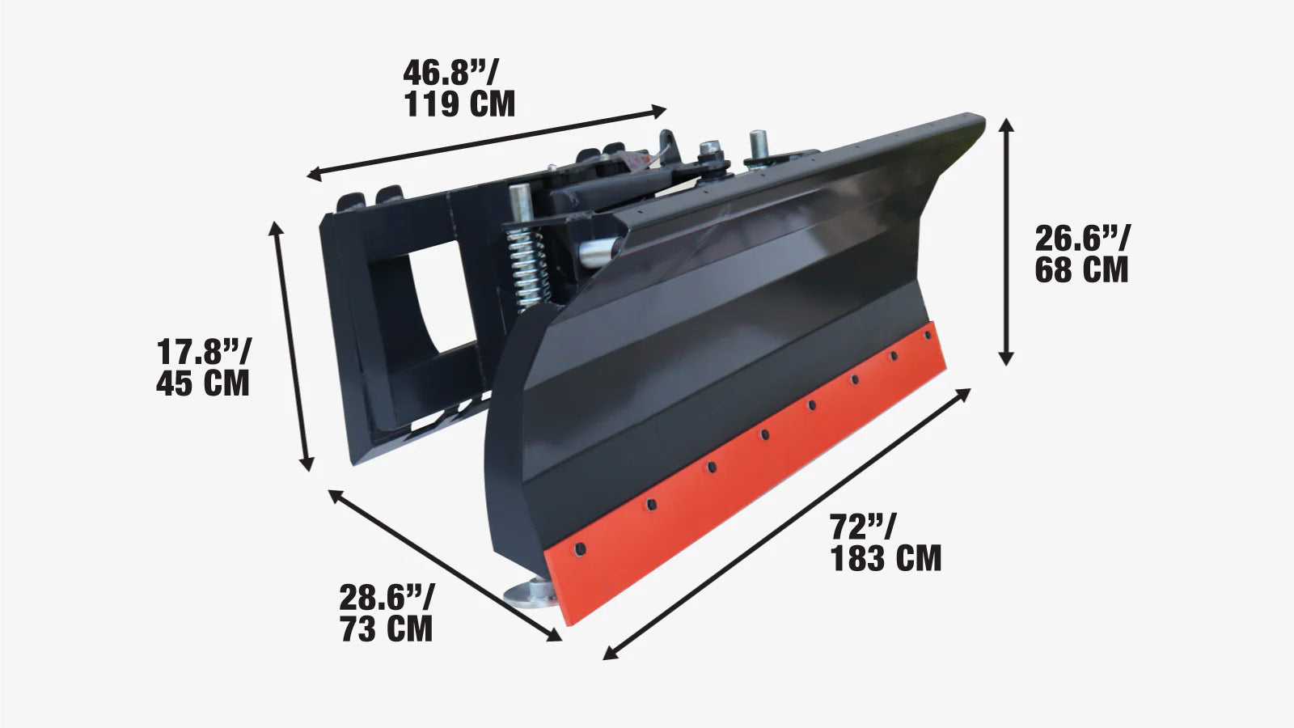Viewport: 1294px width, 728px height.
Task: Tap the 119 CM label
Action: (459, 104)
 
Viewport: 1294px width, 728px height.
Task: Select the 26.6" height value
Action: (1083, 239)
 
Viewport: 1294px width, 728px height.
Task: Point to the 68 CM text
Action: (1081, 269)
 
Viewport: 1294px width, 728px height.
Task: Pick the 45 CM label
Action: (203, 383)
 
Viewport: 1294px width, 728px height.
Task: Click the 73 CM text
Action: (386, 629)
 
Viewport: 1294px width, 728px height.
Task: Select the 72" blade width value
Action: (862, 527)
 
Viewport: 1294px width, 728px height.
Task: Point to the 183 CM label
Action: (886, 558)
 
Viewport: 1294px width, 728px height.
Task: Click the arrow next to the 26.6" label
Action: (1006, 241)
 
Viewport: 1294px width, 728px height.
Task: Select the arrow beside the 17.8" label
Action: (293, 345)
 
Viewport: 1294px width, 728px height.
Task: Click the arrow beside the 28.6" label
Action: (444, 565)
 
